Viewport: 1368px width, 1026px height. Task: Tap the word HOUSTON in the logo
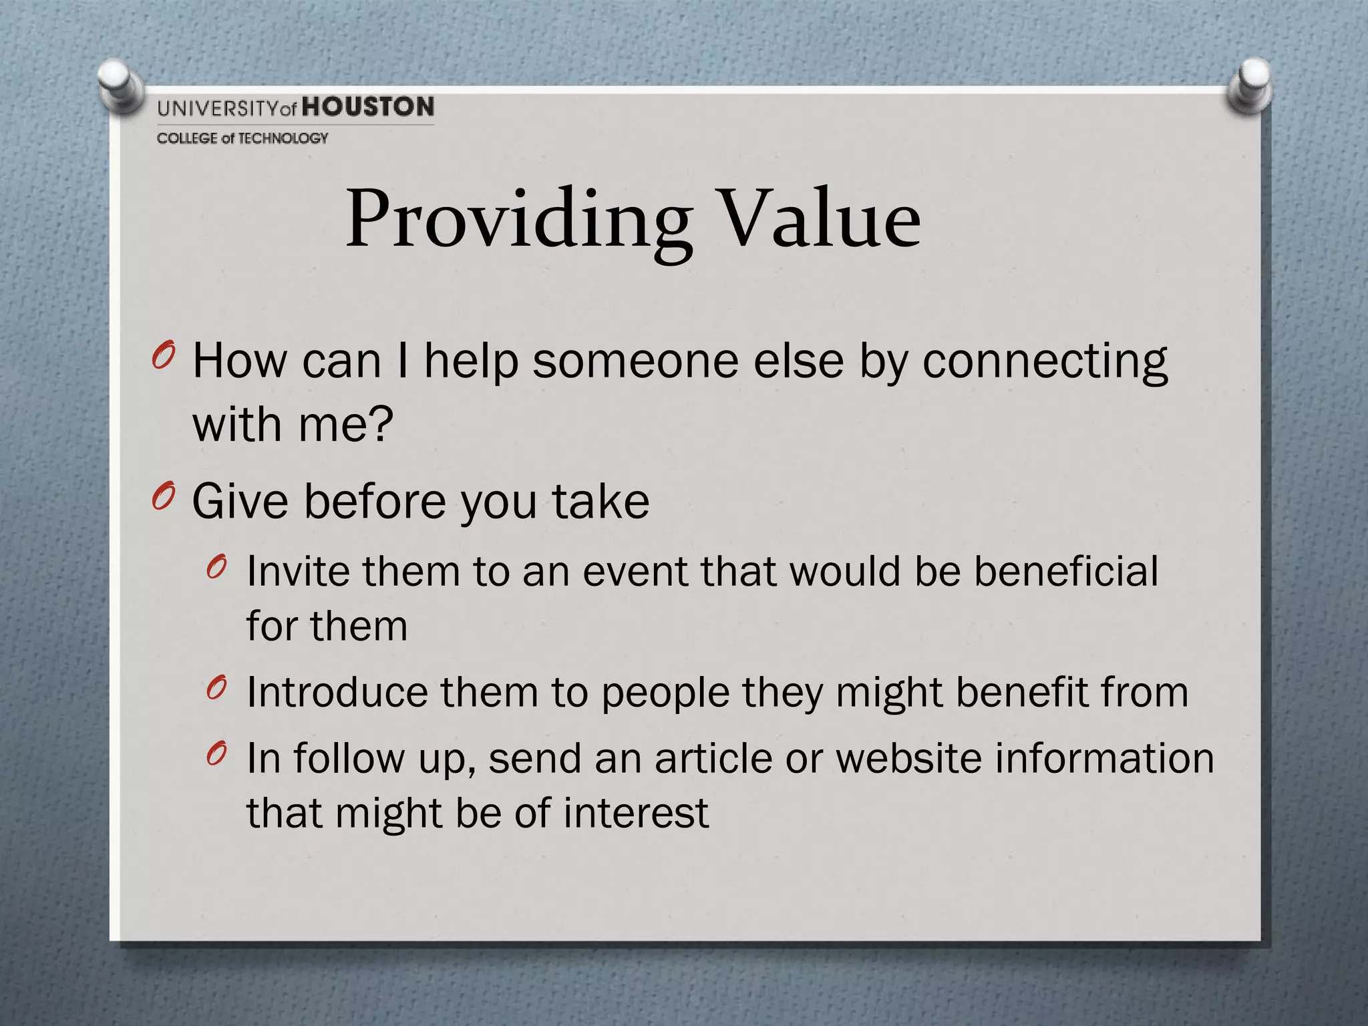tap(368, 108)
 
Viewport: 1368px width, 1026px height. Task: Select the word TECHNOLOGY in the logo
tap(283, 138)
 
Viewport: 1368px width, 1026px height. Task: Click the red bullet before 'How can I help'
tap(163, 355)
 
